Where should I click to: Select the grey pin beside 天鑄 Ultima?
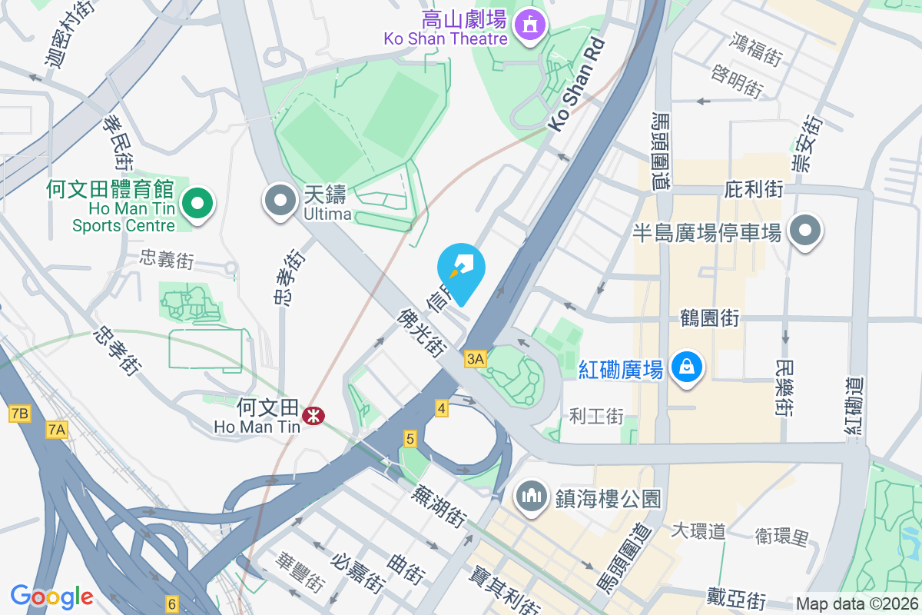tap(280, 201)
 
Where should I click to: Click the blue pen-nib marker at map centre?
tap(461, 271)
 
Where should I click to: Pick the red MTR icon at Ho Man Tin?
tap(313, 416)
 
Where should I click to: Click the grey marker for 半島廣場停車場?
tap(804, 230)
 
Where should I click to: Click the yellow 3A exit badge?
tap(476, 359)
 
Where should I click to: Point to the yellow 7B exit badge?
tap(19, 414)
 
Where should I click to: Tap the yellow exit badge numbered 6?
tap(171, 604)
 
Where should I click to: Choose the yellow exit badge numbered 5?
tap(410, 439)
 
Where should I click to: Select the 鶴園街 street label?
tap(709, 318)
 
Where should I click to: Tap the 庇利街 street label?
tap(754, 189)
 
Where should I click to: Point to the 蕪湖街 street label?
tap(439, 505)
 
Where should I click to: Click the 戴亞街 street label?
tap(736, 597)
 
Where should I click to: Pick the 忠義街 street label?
tap(167, 260)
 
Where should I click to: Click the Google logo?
tap(51, 597)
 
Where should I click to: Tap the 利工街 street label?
tap(596, 417)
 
